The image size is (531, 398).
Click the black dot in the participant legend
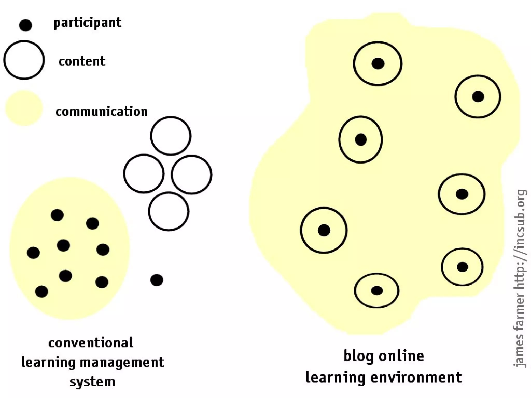25,25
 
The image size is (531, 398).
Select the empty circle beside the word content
24,60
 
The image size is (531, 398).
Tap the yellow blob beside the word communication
24,108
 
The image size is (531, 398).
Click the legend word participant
87,23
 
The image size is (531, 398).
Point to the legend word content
82,61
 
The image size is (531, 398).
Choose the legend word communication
102,112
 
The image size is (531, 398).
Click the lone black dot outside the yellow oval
157,280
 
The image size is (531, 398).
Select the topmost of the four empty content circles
171,136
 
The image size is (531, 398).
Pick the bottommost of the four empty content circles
169,211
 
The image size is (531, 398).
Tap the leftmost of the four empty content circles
144,174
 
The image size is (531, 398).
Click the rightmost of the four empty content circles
192,175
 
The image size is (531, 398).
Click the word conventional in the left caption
91,343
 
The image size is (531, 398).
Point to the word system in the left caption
92,382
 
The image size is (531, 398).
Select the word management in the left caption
122,362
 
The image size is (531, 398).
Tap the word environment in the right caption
416,377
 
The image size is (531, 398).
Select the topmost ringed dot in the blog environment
378,63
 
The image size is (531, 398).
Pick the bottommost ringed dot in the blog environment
377,290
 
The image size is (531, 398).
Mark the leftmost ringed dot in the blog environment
324,230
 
